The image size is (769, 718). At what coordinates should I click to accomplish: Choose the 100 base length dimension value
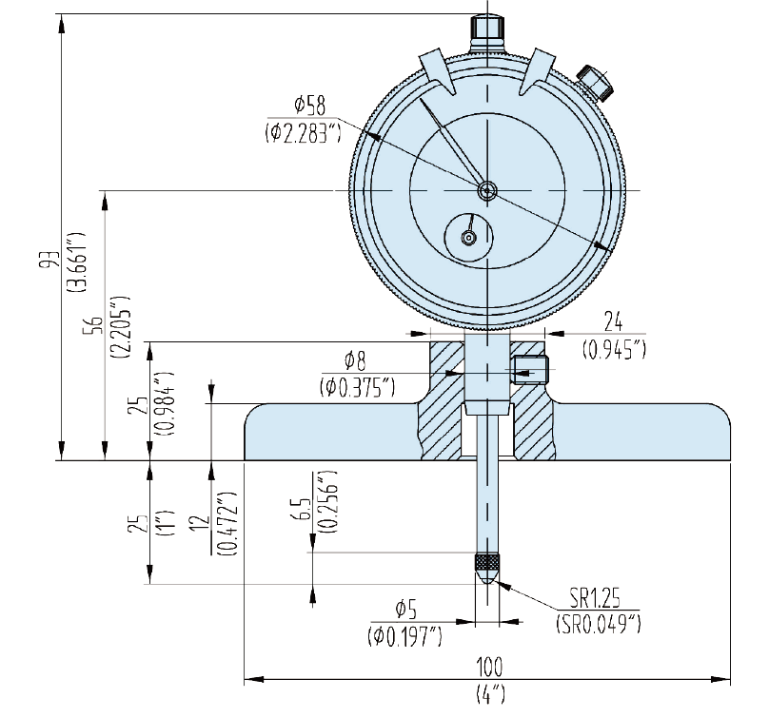point(491,665)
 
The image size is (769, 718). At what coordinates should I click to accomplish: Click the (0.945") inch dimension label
point(614,349)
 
